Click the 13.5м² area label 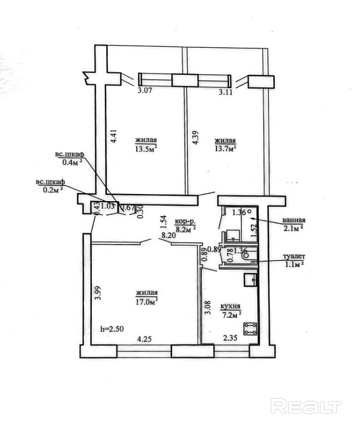click(x=146, y=149)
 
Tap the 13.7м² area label click(x=225, y=149)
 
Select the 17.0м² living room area click(x=146, y=302)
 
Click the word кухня click(x=230, y=306)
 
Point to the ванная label click(x=294, y=220)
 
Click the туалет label click(x=294, y=256)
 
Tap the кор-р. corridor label click(x=185, y=221)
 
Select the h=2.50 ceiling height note click(x=112, y=329)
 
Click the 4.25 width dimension click(x=144, y=338)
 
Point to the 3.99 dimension click(x=97, y=293)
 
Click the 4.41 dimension click(x=114, y=136)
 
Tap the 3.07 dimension click(x=144, y=90)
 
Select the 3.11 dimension click(x=225, y=92)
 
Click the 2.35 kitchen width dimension click(x=230, y=338)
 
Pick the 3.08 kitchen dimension click(x=208, y=307)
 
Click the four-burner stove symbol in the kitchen click(x=250, y=329)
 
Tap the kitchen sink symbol click(x=251, y=280)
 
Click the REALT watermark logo click(x=306, y=406)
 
